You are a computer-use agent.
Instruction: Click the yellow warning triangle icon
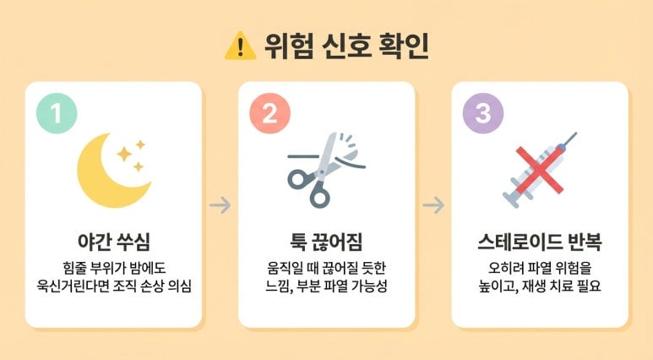pyautogui.click(x=240, y=46)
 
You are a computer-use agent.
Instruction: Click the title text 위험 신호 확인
pyautogui.click(x=346, y=46)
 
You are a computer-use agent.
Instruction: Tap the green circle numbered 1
pyautogui.click(x=57, y=113)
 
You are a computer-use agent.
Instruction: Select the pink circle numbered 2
pyautogui.click(x=269, y=113)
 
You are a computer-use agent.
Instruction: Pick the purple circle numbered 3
pyautogui.click(x=483, y=113)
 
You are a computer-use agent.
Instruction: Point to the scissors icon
pyautogui.click(x=325, y=170)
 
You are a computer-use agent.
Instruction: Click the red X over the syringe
pyautogui.click(x=539, y=170)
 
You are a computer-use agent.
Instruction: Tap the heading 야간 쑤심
pyautogui.click(x=114, y=242)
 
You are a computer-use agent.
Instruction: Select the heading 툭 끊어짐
pyautogui.click(x=326, y=242)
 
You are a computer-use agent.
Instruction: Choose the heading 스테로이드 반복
pyautogui.click(x=540, y=242)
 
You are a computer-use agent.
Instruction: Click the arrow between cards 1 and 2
pyautogui.click(x=220, y=205)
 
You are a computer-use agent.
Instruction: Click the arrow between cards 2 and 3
pyautogui.click(x=433, y=205)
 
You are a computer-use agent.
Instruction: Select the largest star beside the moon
pyautogui.click(x=124, y=154)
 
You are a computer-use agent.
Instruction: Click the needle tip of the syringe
pyautogui.click(x=577, y=133)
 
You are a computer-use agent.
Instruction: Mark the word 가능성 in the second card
pyautogui.click(x=369, y=286)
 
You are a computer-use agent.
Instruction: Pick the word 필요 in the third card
pyautogui.click(x=590, y=286)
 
